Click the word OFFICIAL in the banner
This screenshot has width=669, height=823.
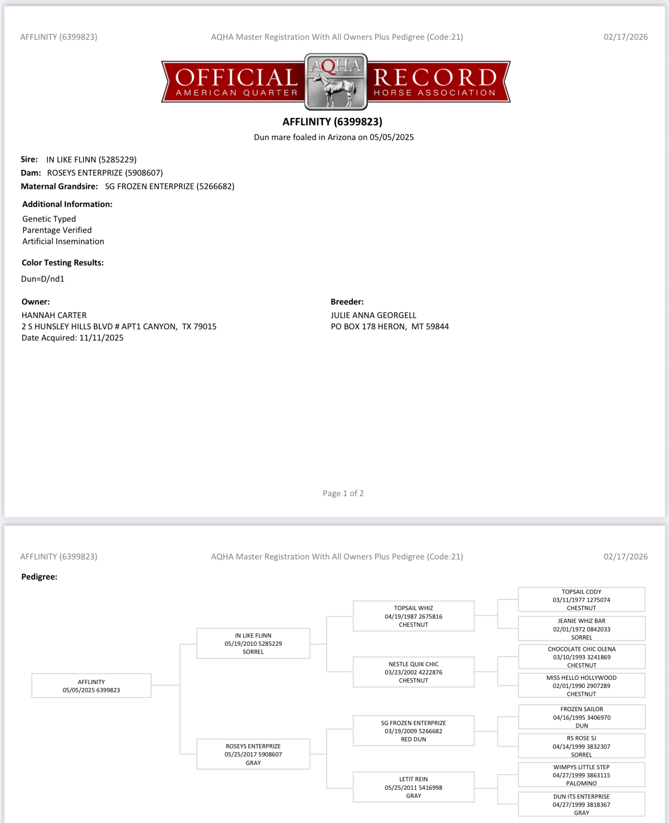point(236,77)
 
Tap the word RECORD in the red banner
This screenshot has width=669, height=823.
point(435,77)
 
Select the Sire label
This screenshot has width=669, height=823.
point(29,159)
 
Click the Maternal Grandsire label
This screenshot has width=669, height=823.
point(59,186)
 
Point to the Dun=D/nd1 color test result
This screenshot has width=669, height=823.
point(43,279)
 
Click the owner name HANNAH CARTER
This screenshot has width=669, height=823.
point(54,315)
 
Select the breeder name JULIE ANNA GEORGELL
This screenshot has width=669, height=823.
point(373,315)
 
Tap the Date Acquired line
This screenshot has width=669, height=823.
point(72,338)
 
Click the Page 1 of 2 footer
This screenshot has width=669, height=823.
point(343,493)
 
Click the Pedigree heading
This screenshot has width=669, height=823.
point(39,576)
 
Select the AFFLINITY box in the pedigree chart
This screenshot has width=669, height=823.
point(91,686)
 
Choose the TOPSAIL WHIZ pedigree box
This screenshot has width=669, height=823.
point(413,616)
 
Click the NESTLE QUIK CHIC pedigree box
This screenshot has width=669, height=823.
point(413,672)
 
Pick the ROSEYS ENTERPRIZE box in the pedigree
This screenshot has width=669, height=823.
point(253,754)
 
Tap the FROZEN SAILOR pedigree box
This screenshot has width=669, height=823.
point(581,717)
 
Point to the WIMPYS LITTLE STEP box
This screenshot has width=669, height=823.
point(581,775)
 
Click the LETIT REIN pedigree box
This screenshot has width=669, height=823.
point(413,787)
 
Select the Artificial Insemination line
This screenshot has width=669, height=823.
point(63,241)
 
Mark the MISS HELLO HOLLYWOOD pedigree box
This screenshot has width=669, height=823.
point(581,686)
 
